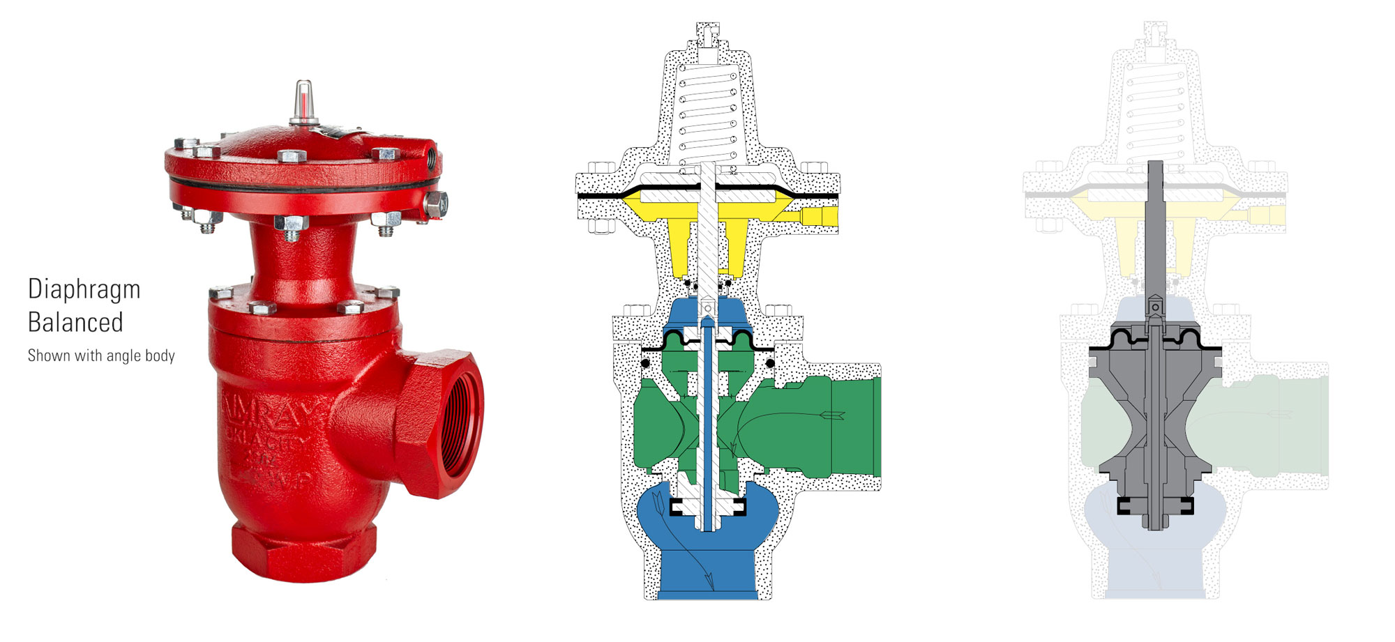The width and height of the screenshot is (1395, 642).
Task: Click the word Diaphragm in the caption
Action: pos(84,289)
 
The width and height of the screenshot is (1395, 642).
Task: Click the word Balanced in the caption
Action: pos(75,323)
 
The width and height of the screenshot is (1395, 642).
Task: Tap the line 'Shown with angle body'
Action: pos(101,356)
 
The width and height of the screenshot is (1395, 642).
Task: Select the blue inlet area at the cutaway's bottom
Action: pos(708,572)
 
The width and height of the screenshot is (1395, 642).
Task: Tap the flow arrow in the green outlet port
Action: pos(834,415)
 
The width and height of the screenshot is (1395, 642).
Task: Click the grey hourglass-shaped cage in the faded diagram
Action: pos(1155,418)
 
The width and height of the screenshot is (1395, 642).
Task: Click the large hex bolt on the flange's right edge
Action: pos(435,204)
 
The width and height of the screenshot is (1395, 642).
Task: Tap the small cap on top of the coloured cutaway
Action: pos(708,31)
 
